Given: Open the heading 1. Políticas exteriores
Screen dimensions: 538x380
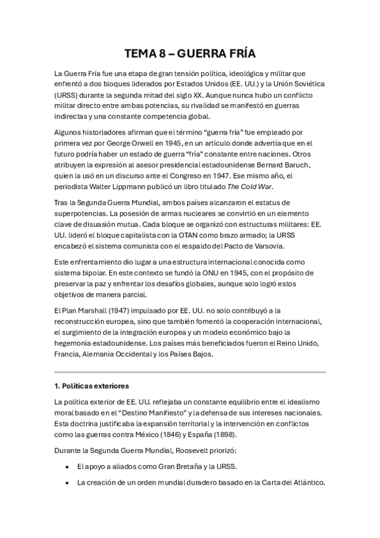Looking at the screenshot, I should [x=91, y=386].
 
